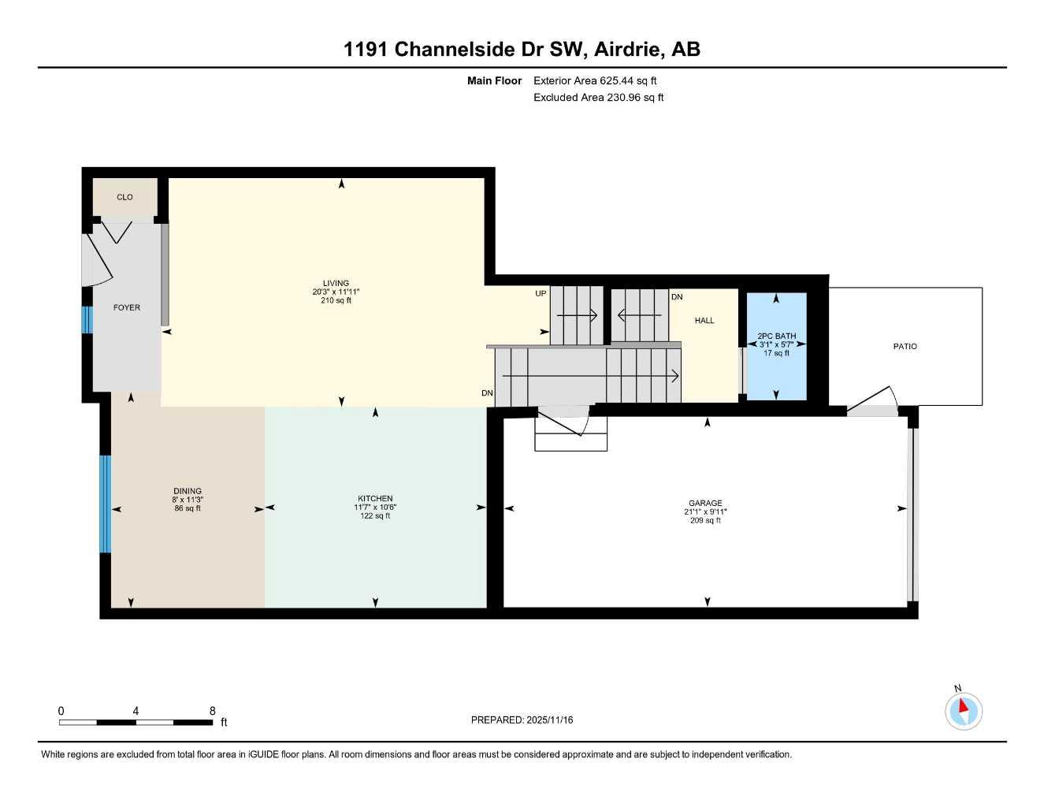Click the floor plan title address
[x=522, y=49]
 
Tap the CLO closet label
[x=124, y=197]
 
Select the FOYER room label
[x=127, y=307]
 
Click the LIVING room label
[x=336, y=283]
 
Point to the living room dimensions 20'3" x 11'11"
[x=336, y=292]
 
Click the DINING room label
[x=188, y=491]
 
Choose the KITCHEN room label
[x=375, y=498]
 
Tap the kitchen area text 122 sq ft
[x=375, y=516]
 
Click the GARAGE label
[x=705, y=503]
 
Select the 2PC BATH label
[x=777, y=336]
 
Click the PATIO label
[x=905, y=346]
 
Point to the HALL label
[x=704, y=321]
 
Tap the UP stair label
[x=541, y=294]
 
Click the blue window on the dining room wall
[x=105, y=504]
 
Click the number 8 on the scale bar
[x=213, y=711]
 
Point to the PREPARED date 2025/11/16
[x=522, y=720]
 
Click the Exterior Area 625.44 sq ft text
[x=595, y=80]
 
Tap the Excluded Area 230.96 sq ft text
[x=598, y=98]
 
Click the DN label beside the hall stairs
[x=677, y=297]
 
